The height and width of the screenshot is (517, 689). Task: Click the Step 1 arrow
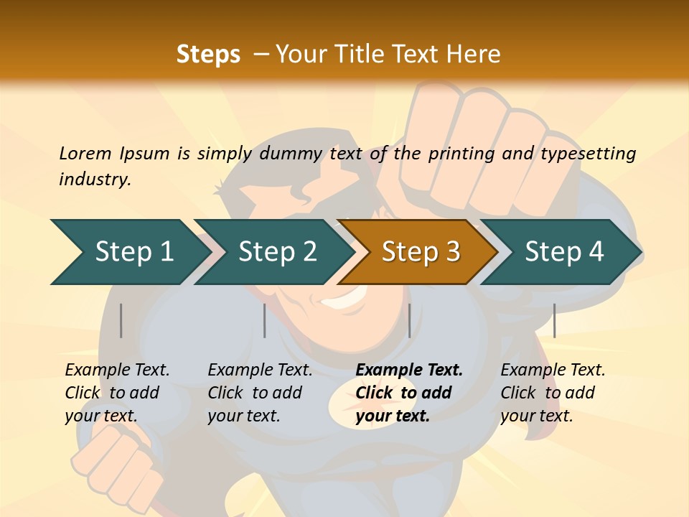click(x=129, y=252)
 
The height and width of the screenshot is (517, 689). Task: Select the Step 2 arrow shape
click(x=276, y=252)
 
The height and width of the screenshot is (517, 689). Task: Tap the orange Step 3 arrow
click(x=420, y=252)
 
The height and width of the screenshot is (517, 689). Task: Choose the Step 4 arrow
click(x=563, y=252)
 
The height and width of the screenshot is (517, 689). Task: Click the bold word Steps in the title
click(x=208, y=55)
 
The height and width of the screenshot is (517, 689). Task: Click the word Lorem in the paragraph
click(x=85, y=153)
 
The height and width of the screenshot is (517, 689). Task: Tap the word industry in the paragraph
click(x=95, y=179)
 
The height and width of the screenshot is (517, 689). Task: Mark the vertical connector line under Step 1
click(x=121, y=320)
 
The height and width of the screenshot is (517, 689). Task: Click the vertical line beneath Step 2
click(x=265, y=320)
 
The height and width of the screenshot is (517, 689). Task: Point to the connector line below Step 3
click(x=409, y=320)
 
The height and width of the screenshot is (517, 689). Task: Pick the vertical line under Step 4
click(x=554, y=320)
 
